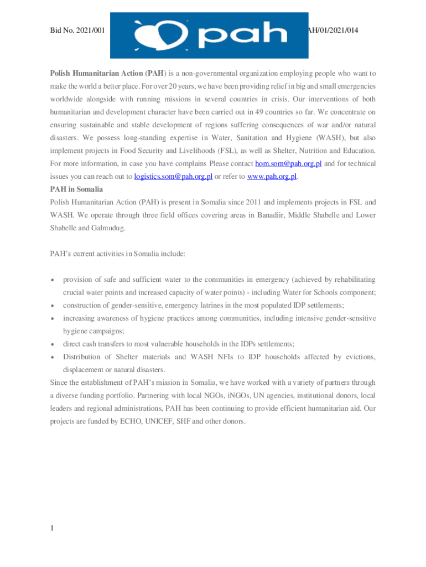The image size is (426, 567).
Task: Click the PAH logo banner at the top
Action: coord(209,35)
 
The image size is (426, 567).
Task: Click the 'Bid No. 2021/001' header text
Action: coord(77,31)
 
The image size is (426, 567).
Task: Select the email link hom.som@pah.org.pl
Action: coord(288,164)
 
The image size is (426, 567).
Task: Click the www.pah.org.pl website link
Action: coord(272,177)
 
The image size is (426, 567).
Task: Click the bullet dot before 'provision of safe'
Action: coord(52,280)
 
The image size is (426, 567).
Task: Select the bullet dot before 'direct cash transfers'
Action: coord(52,344)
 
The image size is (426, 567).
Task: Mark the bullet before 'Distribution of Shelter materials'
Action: coord(52,357)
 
